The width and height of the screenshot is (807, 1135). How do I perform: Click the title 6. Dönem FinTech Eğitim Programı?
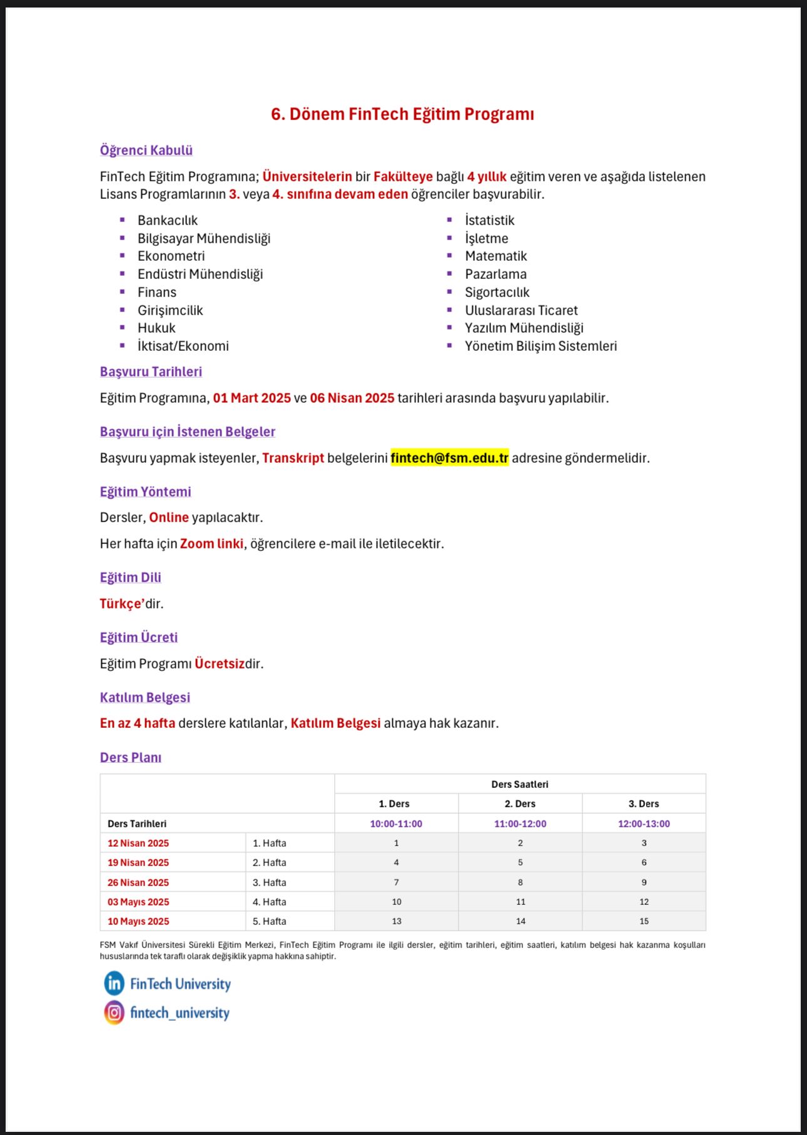point(402,114)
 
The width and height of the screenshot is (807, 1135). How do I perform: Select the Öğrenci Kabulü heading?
point(146,150)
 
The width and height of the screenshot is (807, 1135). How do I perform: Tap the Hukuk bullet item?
point(156,328)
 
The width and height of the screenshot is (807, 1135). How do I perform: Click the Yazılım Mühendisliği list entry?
point(524,328)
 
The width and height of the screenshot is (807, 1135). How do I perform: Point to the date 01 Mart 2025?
point(251,398)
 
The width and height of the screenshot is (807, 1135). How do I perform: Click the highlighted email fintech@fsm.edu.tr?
point(449,458)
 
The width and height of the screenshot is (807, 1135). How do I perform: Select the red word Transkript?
point(293,458)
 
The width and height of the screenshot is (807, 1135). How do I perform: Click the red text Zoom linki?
point(211,543)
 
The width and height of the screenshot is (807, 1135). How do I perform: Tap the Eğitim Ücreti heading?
point(138,637)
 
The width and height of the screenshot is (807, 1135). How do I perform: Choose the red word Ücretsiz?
point(219,663)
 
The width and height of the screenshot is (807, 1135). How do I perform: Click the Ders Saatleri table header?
point(519,784)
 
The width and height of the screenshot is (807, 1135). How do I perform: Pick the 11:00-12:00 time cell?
point(520,824)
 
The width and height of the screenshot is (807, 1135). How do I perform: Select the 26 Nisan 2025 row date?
point(138,882)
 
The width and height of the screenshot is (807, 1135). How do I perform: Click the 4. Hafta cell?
point(270,902)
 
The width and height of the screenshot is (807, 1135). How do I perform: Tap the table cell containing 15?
point(644,921)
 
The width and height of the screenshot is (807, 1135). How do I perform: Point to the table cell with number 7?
point(396,882)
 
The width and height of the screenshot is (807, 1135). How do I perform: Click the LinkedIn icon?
point(114,983)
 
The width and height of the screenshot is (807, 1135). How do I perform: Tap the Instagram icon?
point(114,1012)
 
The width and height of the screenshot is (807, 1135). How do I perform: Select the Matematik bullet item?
point(495,256)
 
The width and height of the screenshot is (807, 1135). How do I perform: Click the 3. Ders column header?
point(644,804)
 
